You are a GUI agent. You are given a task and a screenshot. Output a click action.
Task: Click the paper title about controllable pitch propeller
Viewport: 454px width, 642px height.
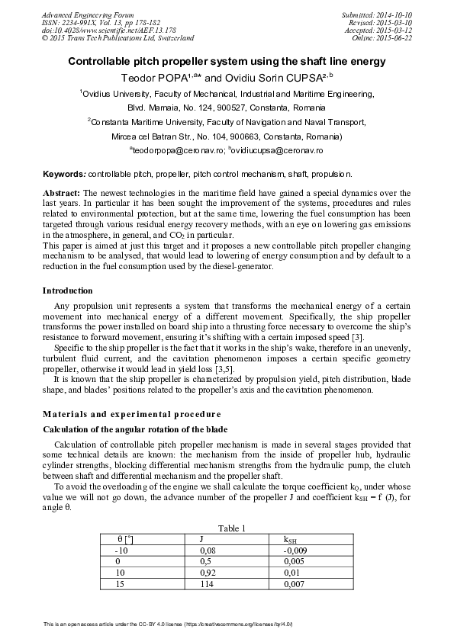pyautogui.click(x=227, y=61)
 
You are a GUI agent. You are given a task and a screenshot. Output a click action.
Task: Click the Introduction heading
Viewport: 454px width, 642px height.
pyautogui.click(x=68, y=291)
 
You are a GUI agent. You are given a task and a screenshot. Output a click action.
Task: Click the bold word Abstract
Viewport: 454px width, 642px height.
pyautogui.click(x=60, y=194)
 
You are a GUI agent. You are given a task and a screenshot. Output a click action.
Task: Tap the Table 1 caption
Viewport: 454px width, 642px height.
pyautogui.click(x=232, y=528)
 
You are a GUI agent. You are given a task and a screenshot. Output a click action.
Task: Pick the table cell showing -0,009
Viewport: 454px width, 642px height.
pyautogui.click(x=295, y=549)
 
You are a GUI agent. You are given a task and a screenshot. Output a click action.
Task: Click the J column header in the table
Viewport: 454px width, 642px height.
pyautogui.click(x=201, y=538)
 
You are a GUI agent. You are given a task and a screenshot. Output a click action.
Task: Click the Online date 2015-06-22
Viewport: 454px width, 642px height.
pyautogui.click(x=392, y=37)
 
